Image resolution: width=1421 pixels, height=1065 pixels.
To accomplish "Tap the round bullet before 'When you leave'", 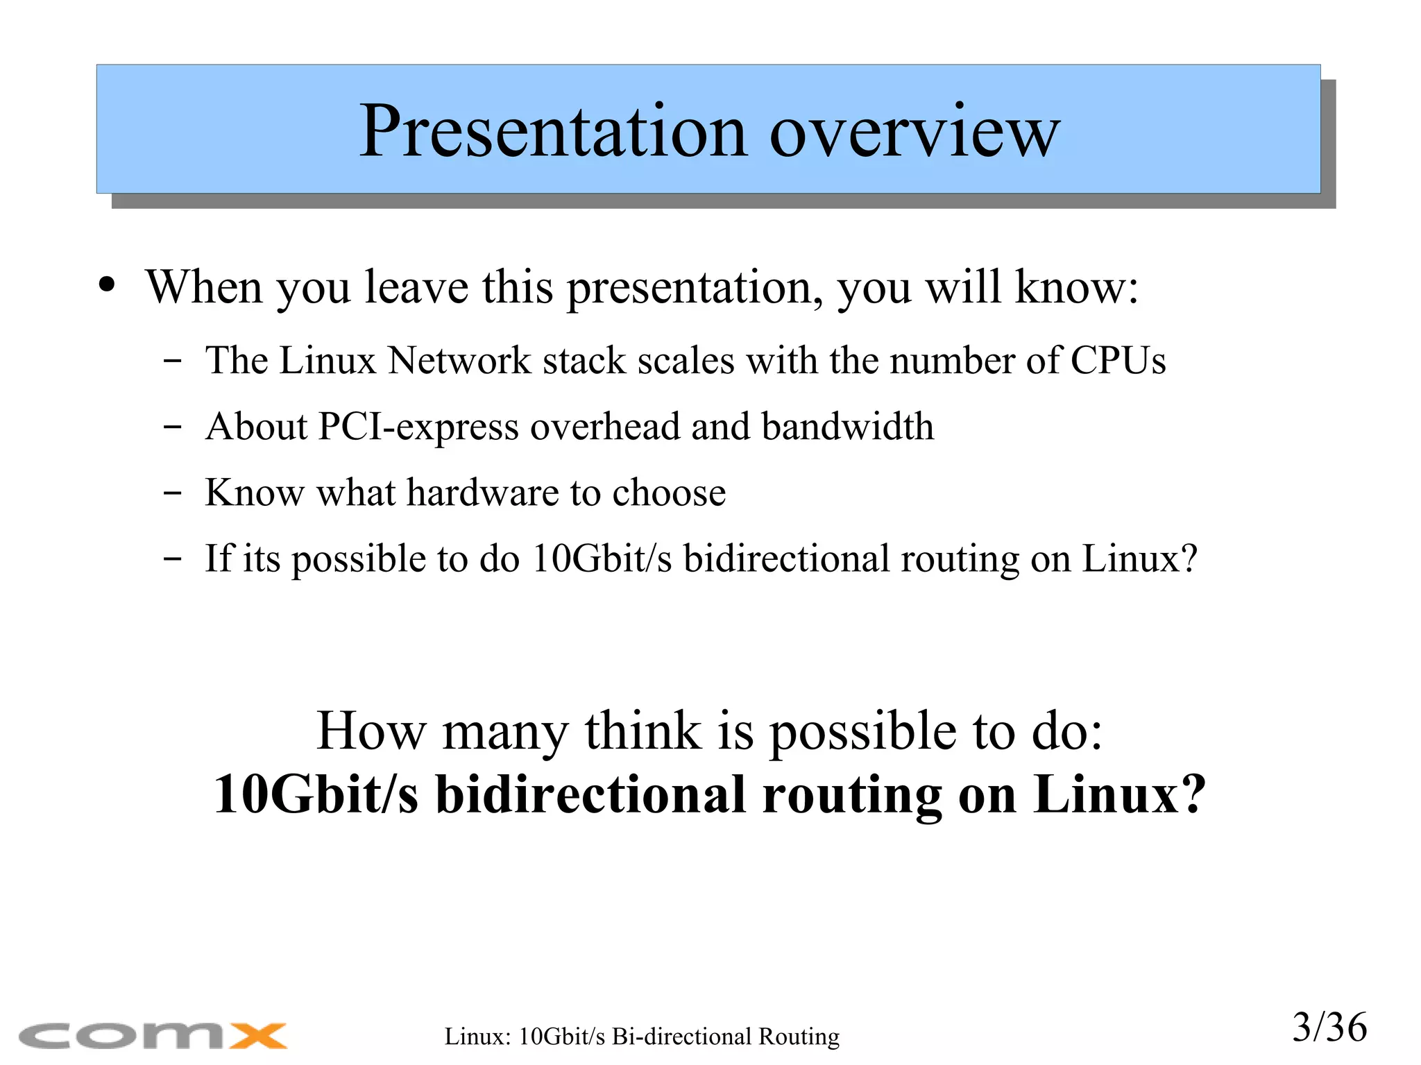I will click(107, 285).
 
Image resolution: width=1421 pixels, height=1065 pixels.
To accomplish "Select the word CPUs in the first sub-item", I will click(1118, 361).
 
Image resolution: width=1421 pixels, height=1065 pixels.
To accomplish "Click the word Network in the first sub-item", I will click(459, 361).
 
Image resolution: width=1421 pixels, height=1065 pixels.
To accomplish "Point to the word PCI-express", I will click(418, 427).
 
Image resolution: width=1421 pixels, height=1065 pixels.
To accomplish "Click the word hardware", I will click(482, 493).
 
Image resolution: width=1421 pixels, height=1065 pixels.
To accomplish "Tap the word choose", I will click(669, 493).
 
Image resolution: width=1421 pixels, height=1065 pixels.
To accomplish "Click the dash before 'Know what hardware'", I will click(172, 493).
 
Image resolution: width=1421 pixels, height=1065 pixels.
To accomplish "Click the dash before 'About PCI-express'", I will click(172, 427).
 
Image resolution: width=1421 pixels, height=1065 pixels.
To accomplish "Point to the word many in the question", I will click(505, 731).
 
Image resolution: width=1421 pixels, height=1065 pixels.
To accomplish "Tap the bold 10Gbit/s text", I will click(316, 794).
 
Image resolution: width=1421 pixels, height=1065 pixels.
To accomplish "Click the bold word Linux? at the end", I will click(1118, 794).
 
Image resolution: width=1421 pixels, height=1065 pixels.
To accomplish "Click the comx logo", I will click(153, 1036).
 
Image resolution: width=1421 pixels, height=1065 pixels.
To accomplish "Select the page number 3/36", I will click(1329, 1028).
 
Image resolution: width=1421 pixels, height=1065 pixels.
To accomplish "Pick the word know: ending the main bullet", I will click(1076, 287).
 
